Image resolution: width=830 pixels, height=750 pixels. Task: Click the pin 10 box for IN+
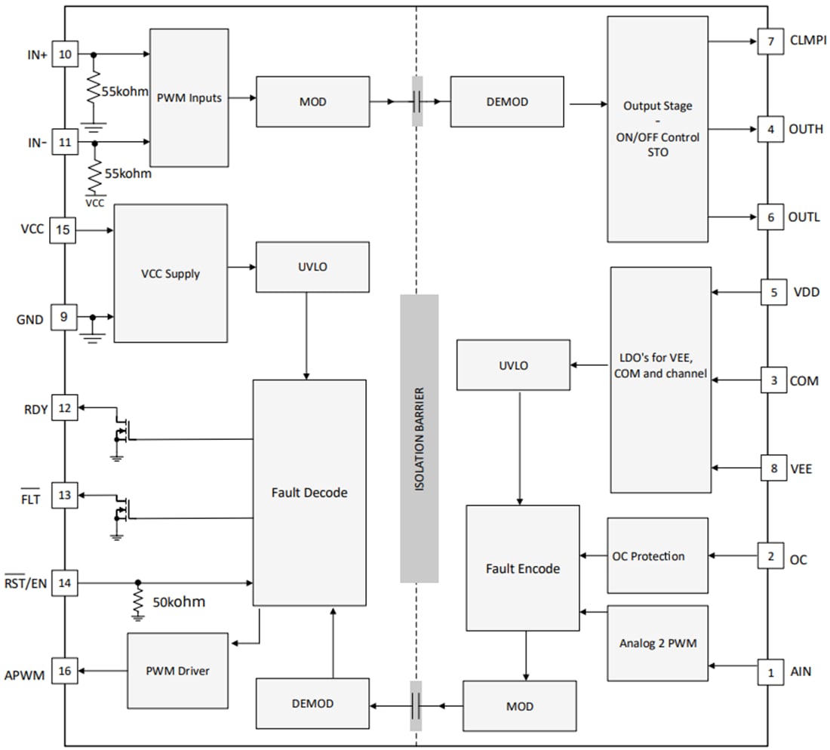tap(64, 55)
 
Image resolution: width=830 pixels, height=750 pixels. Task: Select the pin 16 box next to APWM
tap(64, 671)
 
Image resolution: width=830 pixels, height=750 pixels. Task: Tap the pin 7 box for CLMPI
tap(770, 41)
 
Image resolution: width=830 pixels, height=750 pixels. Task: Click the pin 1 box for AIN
tap(770, 671)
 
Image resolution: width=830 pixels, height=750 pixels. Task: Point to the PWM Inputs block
tap(189, 97)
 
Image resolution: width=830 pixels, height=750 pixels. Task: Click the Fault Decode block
tap(309, 492)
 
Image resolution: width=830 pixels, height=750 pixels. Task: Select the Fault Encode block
tap(523, 568)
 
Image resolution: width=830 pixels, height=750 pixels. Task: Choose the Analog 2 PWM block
tap(657, 644)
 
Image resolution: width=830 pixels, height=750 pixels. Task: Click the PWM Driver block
tap(177, 671)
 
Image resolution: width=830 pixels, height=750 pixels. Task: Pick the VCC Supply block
tap(170, 273)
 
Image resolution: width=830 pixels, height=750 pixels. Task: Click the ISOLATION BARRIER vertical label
tap(419, 439)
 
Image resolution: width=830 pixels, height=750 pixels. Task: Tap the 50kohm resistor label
tap(178, 603)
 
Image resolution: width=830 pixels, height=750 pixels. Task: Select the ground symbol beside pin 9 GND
tap(93, 330)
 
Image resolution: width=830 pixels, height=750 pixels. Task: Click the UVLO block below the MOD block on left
tap(312, 266)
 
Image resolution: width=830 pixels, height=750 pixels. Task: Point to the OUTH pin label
tap(805, 129)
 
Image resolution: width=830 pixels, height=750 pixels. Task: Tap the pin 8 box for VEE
tap(773, 468)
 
